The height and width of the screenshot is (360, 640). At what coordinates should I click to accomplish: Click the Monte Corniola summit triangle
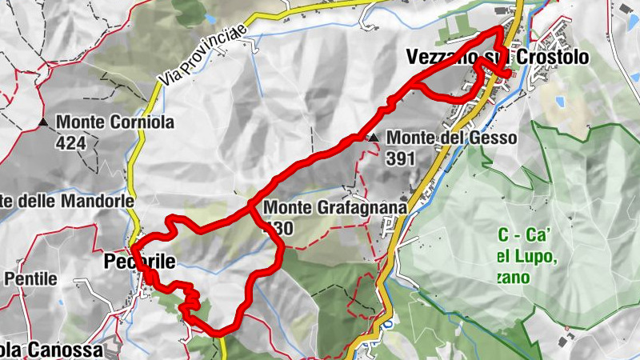pyautogui.click(x=42, y=122)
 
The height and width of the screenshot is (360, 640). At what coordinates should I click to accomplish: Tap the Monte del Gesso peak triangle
pyautogui.click(x=374, y=138)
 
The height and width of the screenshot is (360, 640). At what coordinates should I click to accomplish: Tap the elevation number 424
pyautogui.click(x=71, y=144)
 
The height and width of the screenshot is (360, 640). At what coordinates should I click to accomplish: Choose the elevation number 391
pyautogui.click(x=401, y=158)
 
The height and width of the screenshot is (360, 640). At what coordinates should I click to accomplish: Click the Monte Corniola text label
pyautogui.click(x=115, y=124)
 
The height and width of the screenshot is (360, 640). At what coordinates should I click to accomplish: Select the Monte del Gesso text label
pyautogui.click(x=452, y=138)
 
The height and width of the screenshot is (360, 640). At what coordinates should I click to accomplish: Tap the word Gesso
pyautogui.click(x=495, y=138)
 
